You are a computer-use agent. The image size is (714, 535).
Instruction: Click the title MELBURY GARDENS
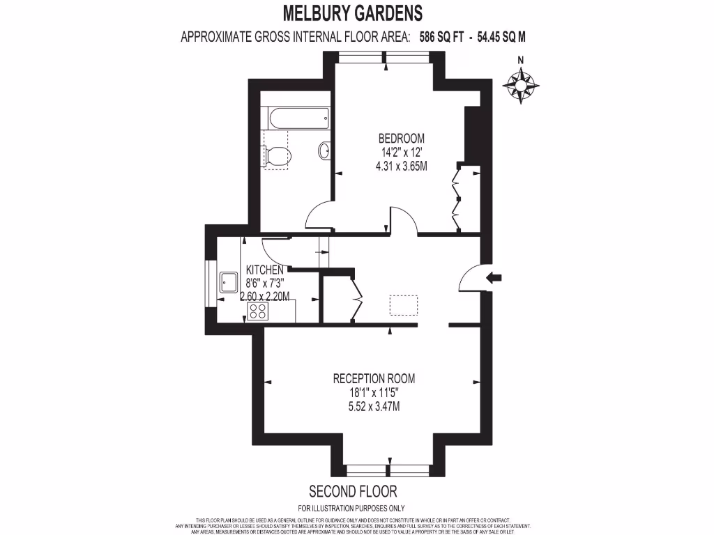tap(353, 13)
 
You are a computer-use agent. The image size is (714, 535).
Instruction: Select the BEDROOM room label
tap(401, 139)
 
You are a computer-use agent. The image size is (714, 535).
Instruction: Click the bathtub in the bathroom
tap(295, 118)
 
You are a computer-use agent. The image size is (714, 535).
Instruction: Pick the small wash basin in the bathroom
tap(325, 151)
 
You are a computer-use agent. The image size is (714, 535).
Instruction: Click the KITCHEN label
tap(264, 270)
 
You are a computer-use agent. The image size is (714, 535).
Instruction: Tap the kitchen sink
tap(228, 282)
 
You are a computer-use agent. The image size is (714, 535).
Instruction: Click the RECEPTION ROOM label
tap(374, 379)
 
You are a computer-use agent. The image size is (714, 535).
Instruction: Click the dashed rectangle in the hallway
tap(403, 305)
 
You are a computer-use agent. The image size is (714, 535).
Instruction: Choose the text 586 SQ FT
tap(444, 38)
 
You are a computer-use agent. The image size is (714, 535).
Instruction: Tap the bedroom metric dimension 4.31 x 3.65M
tap(401, 166)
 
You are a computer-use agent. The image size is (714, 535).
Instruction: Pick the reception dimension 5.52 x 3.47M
tap(374, 407)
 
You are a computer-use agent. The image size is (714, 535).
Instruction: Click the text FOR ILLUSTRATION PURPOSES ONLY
tap(351, 508)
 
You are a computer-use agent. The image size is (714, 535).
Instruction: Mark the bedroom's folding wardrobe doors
tap(457, 199)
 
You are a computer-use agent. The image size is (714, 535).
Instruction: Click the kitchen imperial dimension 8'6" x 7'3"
tap(264, 283)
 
